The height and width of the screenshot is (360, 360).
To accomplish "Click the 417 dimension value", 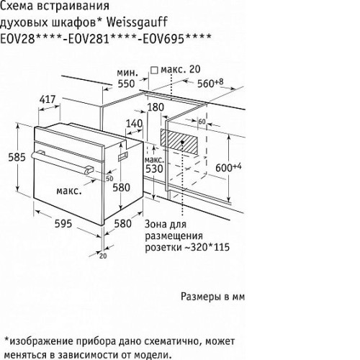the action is (x=48, y=99).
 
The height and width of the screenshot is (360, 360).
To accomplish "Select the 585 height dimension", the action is (x=17, y=157).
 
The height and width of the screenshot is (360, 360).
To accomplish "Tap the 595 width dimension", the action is (x=63, y=224).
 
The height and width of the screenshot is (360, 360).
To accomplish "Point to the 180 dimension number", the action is (x=156, y=107).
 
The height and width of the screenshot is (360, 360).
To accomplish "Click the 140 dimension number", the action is (x=135, y=124).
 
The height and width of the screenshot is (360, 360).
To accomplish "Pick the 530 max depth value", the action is (x=154, y=168).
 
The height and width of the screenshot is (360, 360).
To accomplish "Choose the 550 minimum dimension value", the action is (x=126, y=84).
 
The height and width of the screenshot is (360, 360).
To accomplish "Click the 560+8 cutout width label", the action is (x=210, y=83).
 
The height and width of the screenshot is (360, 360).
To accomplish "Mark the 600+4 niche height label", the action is (x=228, y=167).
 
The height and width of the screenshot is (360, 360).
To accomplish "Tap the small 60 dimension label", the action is (x=202, y=122).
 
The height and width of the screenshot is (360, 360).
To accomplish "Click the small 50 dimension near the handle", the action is (x=109, y=179).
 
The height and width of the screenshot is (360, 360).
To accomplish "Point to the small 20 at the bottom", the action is (x=103, y=256).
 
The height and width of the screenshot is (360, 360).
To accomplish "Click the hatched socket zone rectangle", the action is (x=179, y=142).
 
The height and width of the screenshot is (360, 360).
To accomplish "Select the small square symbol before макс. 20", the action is (x=154, y=70).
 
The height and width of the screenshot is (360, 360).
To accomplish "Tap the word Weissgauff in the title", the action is (x=137, y=22).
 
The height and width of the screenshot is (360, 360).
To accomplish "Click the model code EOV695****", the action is (x=177, y=38).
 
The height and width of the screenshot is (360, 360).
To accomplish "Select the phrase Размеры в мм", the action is (x=213, y=297).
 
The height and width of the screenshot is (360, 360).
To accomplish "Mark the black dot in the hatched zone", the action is (x=182, y=142).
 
